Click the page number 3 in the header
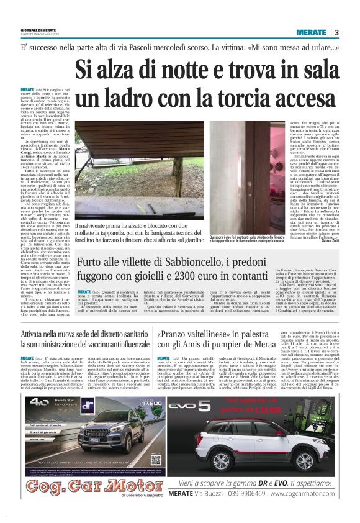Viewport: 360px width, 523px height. (x=336, y=32)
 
